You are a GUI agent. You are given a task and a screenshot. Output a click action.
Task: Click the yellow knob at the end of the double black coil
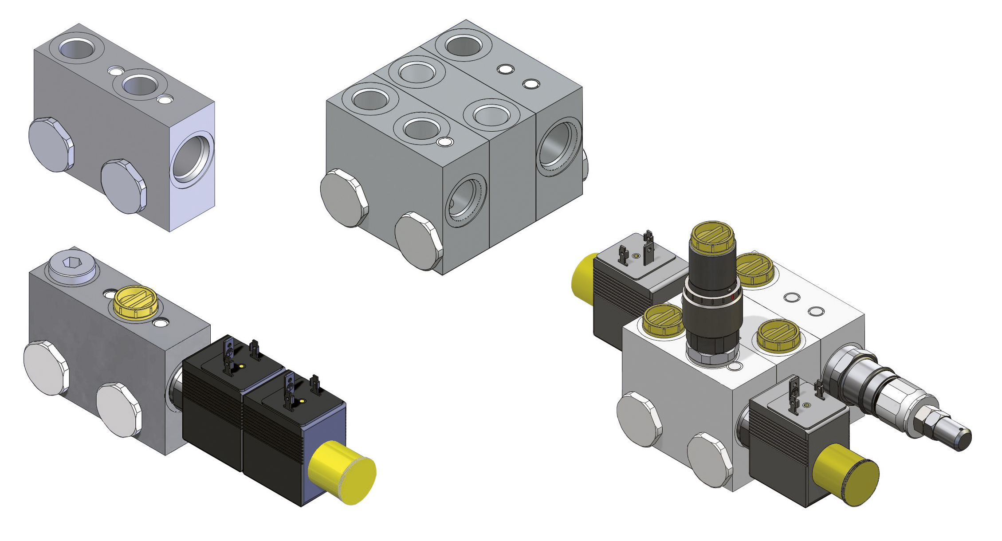coord(342,472)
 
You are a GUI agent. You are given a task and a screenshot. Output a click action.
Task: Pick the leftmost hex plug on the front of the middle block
coord(344,198)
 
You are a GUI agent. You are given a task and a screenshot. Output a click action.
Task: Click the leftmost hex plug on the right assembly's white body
coord(639,419)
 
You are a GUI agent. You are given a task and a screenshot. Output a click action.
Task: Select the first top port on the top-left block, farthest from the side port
coord(77,48)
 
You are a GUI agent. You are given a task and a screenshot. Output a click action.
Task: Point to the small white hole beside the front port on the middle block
coord(445,142)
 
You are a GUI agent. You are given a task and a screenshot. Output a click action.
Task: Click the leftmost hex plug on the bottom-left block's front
coord(46,368)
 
